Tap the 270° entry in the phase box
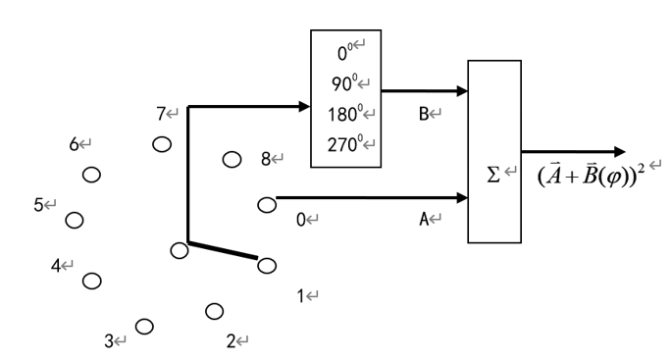click(x=344, y=143)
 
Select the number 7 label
click(x=161, y=115)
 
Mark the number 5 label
click(x=39, y=205)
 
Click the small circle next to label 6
click(x=91, y=175)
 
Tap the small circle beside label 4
click(x=91, y=281)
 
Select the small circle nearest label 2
click(x=214, y=311)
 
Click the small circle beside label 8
click(x=232, y=159)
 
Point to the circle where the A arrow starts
click(x=266, y=204)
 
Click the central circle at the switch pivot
click(x=179, y=250)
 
